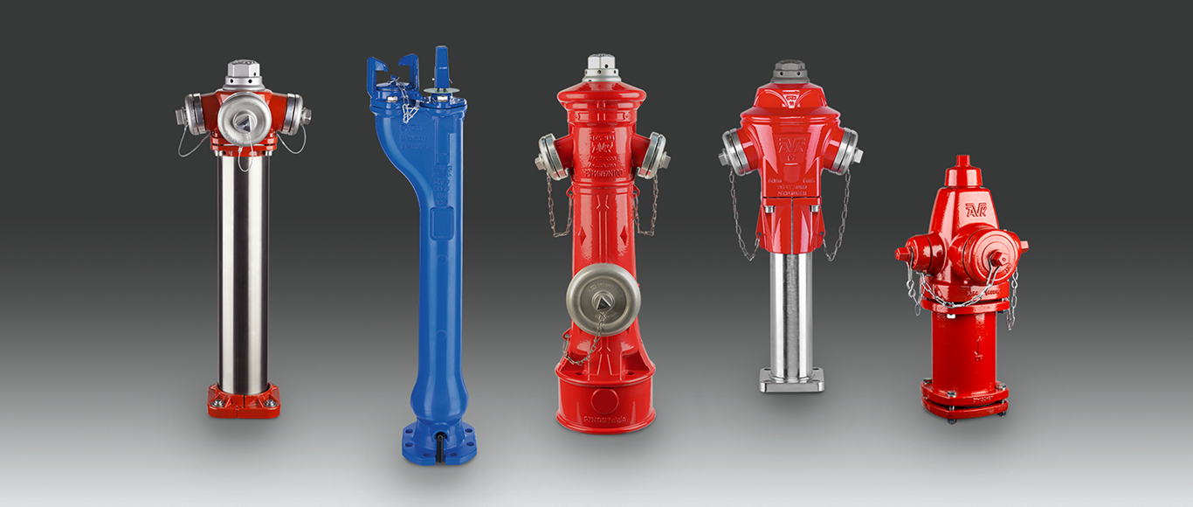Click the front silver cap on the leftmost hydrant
click(x=243, y=118)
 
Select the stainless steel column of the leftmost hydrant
click(x=244, y=271)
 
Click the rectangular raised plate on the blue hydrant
click(x=440, y=223)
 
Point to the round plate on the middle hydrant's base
click(x=604, y=400)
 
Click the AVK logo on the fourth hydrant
click(x=790, y=145)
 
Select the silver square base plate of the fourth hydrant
click(x=791, y=380)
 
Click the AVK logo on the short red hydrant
click(x=976, y=210)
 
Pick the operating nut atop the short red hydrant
click(x=962, y=163)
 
